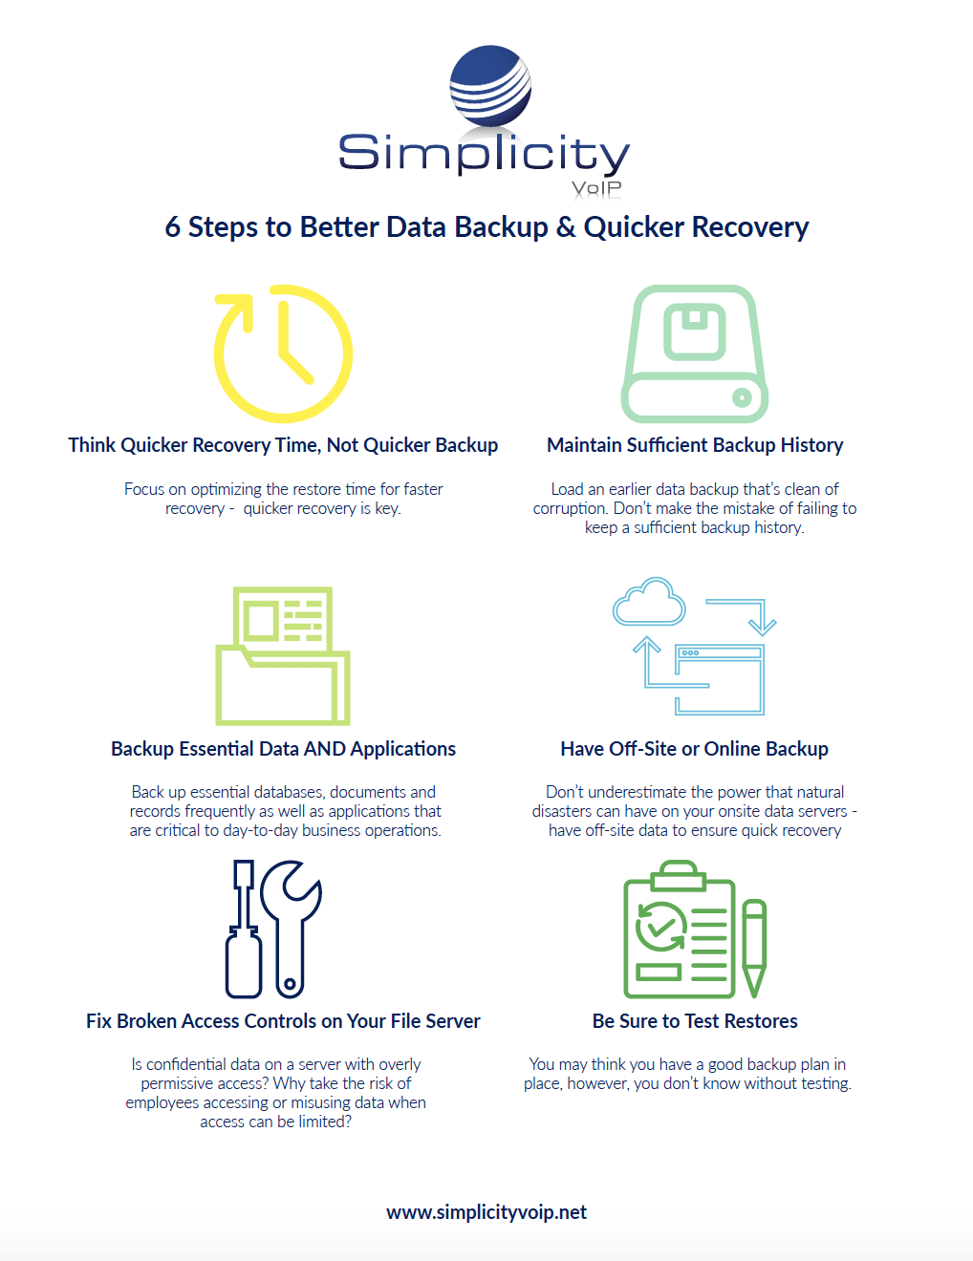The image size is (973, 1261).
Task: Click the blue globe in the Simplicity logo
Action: click(x=490, y=85)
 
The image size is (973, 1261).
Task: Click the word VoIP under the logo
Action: click(x=596, y=188)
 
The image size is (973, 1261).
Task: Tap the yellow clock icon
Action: click(x=283, y=353)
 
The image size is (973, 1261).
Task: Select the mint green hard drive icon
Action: click(x=695, y=354)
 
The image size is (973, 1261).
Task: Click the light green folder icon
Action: click(x=283, y=657)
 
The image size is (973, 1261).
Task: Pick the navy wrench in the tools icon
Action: click(x=292, y=927)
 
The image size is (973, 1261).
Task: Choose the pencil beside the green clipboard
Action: click(x=754, y=947)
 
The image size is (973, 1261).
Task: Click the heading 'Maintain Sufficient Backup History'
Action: click(x=695, y=445)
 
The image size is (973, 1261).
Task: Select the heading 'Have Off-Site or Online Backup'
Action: click(x=695, y=749)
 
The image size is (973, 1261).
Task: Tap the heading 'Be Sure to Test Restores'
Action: click(x=695, y=1021)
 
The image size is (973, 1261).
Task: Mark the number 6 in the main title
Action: click(x=173, y=227)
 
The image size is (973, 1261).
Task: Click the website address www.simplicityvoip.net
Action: click(x=486, y=1212)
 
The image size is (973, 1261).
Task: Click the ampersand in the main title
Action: click(x=566, y=227)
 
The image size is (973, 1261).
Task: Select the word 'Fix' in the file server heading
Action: click(x=98, y=1021)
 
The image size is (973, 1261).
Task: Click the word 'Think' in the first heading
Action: click(x=92, y=445)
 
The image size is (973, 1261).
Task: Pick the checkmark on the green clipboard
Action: click(x=659, y=925)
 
